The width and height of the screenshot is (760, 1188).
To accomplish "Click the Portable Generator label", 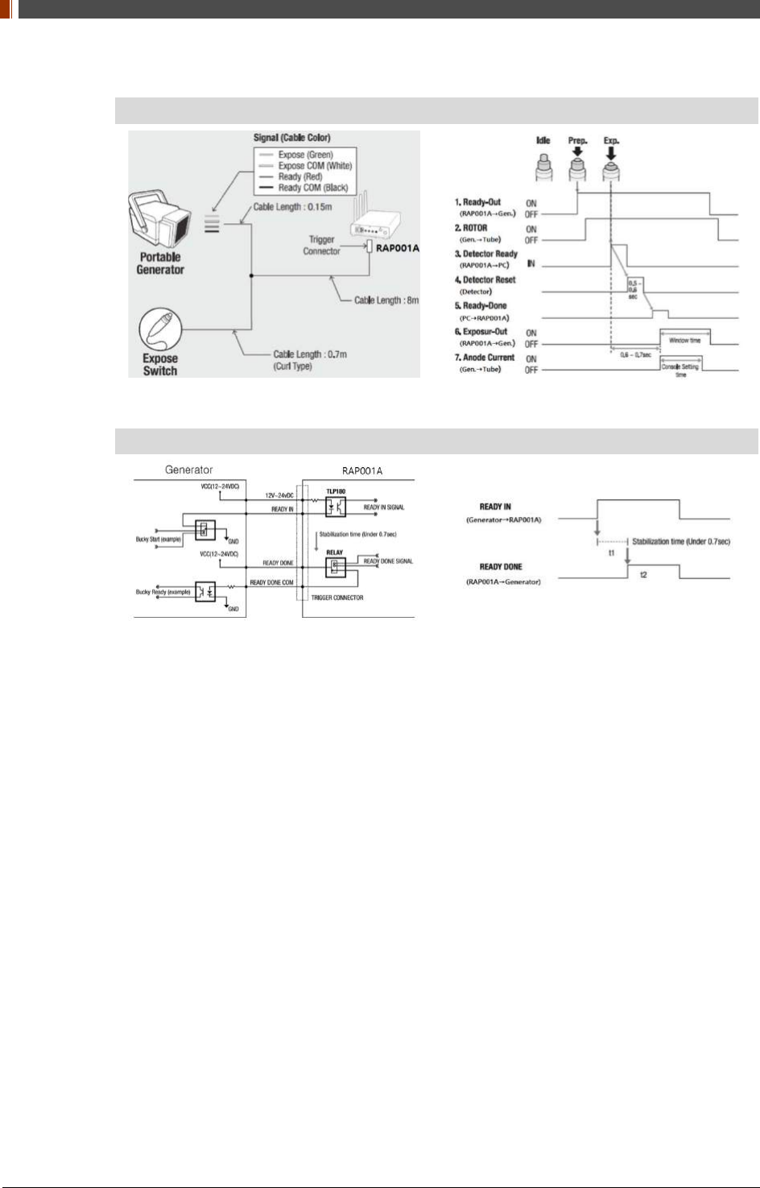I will click(160, 263).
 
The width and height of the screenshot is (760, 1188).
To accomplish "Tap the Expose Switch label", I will click(160, 365).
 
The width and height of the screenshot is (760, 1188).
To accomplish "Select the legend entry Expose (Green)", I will click(305, 155).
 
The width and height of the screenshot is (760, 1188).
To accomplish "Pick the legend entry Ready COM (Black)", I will click(312, 188).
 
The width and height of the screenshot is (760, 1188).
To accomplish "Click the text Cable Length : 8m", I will click(386, 300).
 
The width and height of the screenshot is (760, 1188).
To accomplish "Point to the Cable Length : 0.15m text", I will click(292, 207).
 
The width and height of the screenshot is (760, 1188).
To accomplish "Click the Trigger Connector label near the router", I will click(321, 246).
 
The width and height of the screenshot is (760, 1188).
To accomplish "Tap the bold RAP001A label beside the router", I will click(398, 248).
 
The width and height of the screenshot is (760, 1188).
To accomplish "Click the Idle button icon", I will click(543, 167).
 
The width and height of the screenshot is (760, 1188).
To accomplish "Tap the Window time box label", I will click(685, 341).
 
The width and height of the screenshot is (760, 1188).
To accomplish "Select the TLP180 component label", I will click(336, 491).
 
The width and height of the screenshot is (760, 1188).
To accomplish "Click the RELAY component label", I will click(334, 553).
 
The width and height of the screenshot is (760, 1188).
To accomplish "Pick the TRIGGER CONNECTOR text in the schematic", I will click(337, 598).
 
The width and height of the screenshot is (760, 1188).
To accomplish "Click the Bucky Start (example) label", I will click(158, 539).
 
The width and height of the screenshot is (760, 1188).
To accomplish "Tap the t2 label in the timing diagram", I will click(643, 574).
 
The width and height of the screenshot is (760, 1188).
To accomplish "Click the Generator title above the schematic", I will click(188, 470).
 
